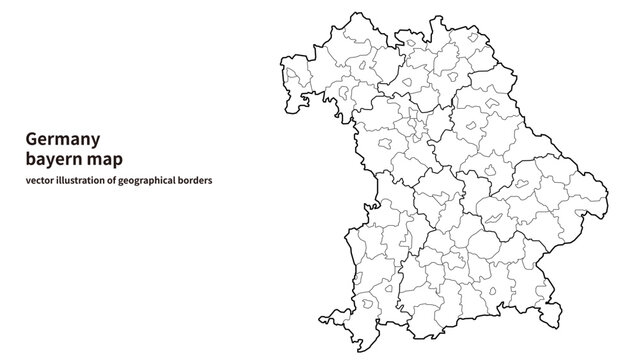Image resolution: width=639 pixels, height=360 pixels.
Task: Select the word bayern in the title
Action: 54,159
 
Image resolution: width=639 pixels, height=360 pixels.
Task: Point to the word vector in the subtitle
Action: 41,180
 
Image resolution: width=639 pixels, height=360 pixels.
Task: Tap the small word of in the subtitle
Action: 115,180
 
